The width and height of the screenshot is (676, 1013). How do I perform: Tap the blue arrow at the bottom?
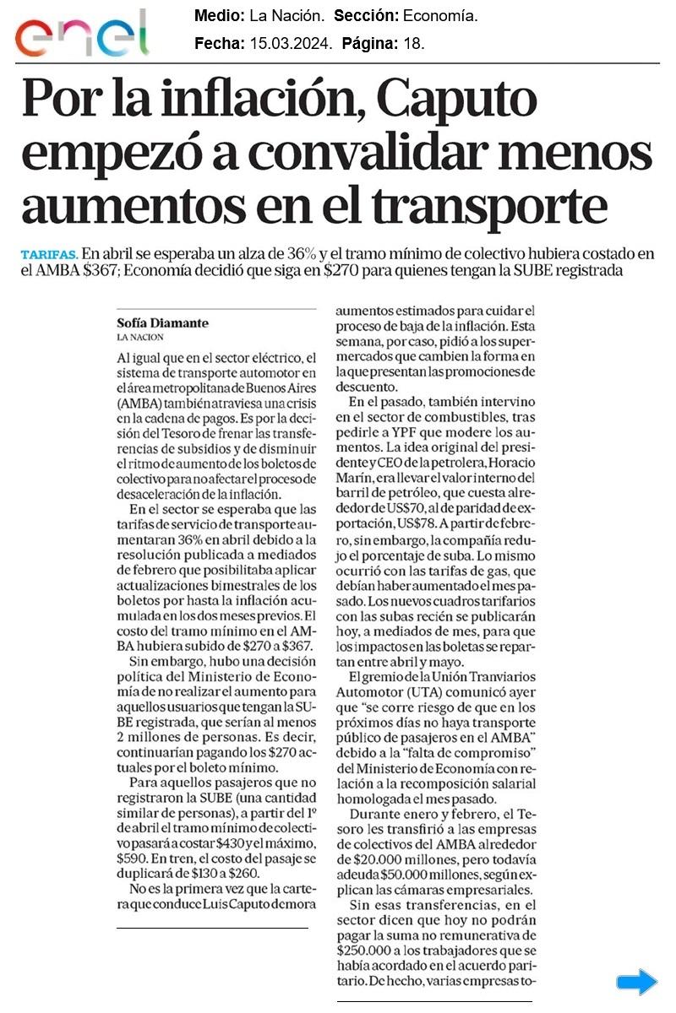(636, 982)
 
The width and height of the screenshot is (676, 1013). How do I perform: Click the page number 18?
(415, 41)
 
